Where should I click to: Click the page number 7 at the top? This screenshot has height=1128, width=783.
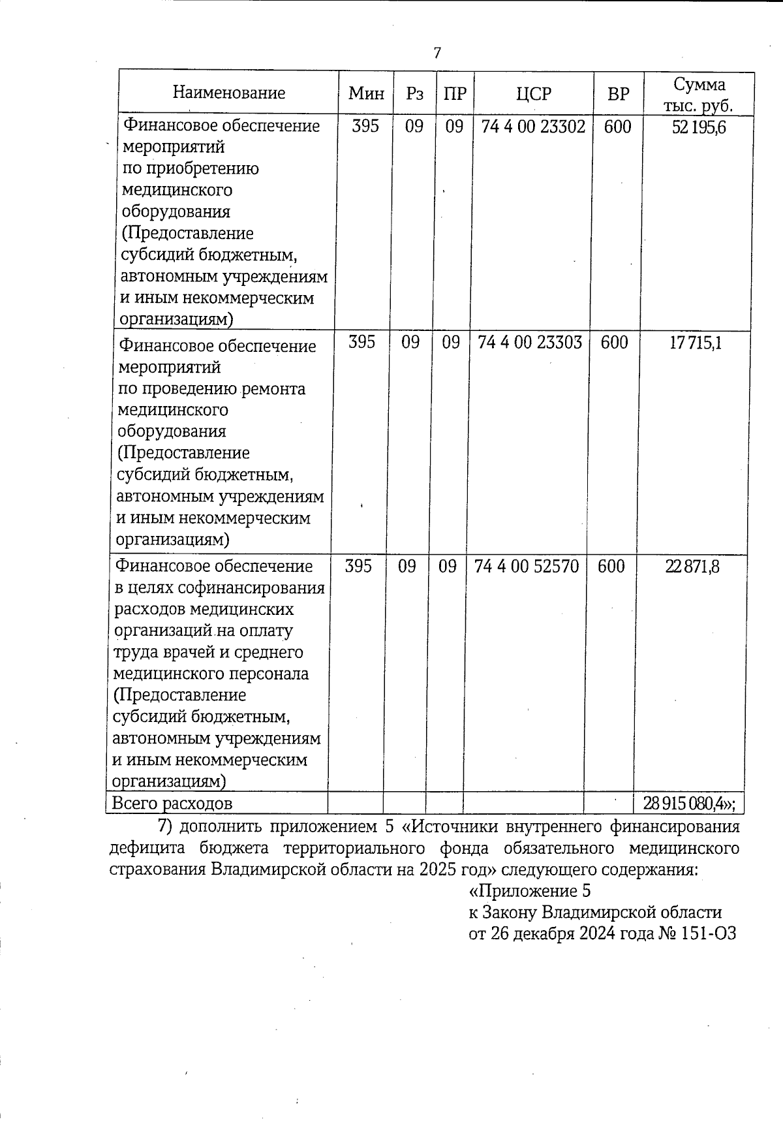tap(437, 53)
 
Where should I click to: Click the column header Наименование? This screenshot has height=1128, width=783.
tap(229, 93)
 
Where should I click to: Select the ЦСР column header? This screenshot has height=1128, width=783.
tap(533, 94)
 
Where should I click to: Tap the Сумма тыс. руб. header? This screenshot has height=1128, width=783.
tap(699, 95)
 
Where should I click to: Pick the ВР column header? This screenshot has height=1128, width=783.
tap(618, 94)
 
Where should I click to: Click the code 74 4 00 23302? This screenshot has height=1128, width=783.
tap(533, 126)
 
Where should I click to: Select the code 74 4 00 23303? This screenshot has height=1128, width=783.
tap(530, 342)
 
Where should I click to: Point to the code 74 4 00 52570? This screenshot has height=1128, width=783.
tap(527, 566)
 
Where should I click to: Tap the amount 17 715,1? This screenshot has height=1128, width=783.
tap(696, 343)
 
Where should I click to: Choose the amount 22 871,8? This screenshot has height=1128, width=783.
tap(692, 567)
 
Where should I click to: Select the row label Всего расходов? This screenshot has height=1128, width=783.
tap(172, 804)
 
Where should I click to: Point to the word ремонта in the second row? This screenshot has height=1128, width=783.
tap(273, 389)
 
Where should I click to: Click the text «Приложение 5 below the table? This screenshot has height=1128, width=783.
tap(530, 891)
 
